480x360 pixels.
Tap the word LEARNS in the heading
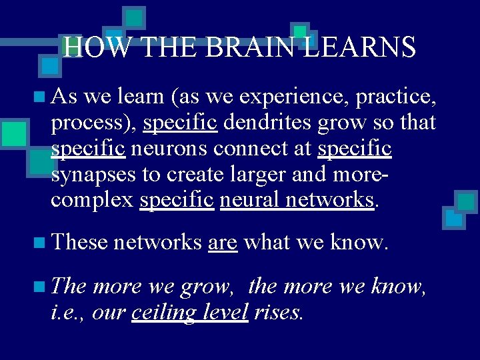pyautogui.click(x=359, y=47)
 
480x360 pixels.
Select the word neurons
pyautogui.click(x=164, y=149)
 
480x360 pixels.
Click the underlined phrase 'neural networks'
pyautogui.click(x=296, y=199)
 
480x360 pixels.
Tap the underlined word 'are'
pyautogui.click(x=223, y=243)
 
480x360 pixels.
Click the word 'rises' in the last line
pyautogui.click(x=278, y=312)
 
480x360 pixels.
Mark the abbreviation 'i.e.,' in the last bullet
pyautogui.click(x=69, y=312)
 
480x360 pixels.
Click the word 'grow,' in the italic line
pyautogui.click(x=207, y=287)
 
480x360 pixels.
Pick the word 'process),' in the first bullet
pyautogui.click(x=94, y=123)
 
